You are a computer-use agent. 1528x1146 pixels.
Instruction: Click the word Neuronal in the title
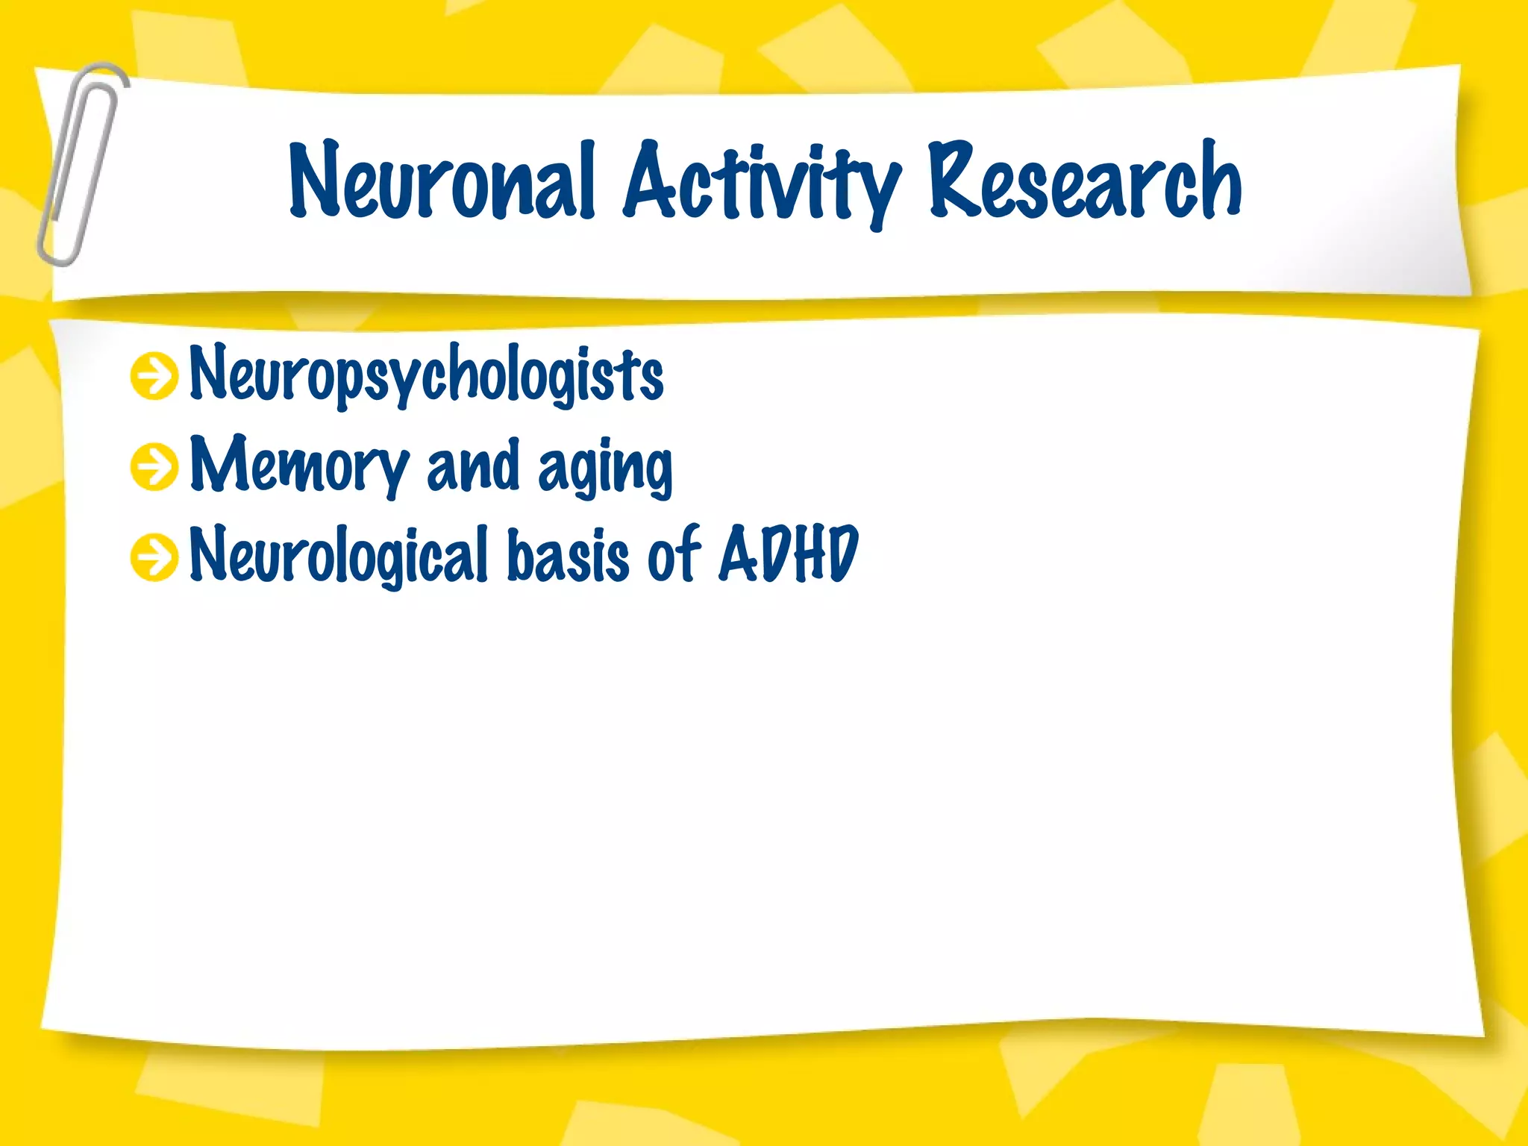pos(442,181)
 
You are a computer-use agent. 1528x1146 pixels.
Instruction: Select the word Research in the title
pos(1085,181)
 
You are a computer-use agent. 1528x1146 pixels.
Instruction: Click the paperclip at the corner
pos(81,164)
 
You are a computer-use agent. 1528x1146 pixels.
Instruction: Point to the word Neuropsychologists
pos(426,375)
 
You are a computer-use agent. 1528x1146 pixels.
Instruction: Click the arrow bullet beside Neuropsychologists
pos(154,376)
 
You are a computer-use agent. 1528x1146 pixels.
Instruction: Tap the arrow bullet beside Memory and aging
pos(154,467)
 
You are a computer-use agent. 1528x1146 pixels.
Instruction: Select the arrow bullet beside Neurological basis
pos(154,557)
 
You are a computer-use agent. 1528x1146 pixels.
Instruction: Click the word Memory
pos(298,466)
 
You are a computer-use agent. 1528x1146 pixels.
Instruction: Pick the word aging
pos(605,469)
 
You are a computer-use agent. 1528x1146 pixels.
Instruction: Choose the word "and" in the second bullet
pos(472,466)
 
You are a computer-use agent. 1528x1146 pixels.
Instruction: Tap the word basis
pos(569,555)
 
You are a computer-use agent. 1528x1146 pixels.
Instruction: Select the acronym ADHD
pos(789,554)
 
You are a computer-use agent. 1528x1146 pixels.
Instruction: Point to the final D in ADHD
pos(842,554)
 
